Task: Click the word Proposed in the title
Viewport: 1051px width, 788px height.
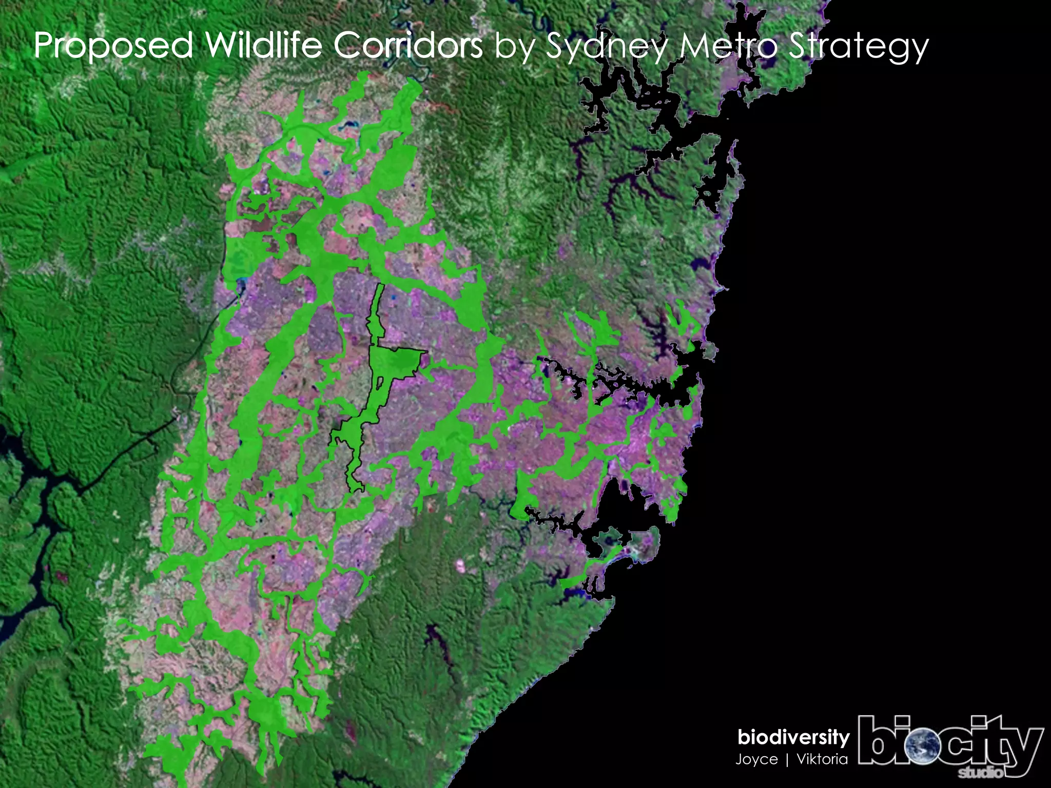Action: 113,46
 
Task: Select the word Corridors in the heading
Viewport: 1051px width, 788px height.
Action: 408,45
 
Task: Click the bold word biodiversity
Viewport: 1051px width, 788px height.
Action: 793,738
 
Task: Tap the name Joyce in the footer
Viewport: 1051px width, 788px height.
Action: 756,759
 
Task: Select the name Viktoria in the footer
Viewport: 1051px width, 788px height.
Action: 822,759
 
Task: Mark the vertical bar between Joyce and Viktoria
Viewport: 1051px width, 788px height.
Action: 787,759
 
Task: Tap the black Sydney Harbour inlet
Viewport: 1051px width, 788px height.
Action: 631,382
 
